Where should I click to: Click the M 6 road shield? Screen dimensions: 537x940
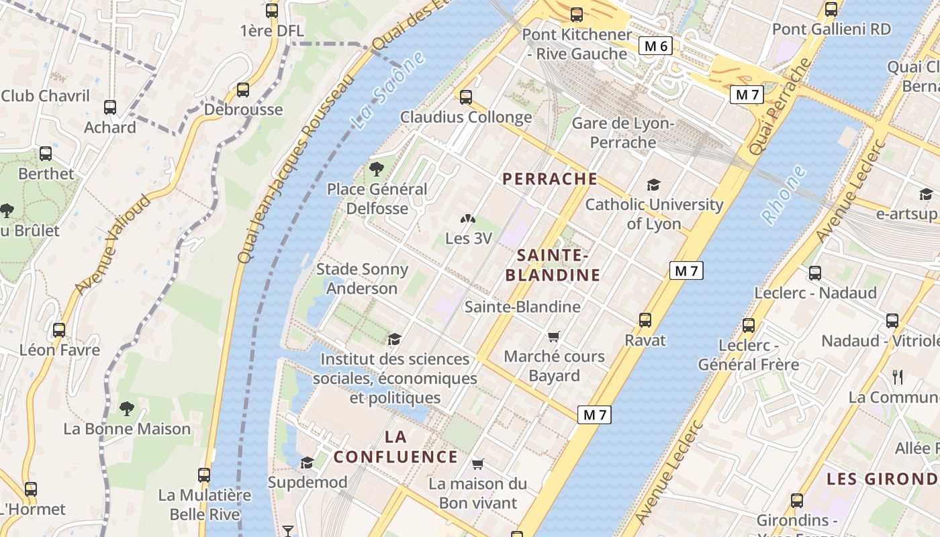click(x=655, y=46)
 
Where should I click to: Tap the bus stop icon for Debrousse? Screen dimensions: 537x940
click(x=243, y=89)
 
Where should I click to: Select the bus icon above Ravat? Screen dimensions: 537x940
click(x=645, y=320)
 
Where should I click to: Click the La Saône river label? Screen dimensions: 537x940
click(x=389, y=90)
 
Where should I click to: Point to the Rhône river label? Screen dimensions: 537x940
click(x=784, y=195)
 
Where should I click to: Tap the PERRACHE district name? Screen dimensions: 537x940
click(x=550, y=179)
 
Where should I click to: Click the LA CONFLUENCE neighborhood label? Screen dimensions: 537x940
click(x=396, y=447)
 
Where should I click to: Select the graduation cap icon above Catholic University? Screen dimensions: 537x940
click(x=653, y=185)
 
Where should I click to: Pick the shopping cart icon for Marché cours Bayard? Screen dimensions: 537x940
click(x=554, y=336)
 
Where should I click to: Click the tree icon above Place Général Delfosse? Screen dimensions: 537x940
click(x=376, y=169)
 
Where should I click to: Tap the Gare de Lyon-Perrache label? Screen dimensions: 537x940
click(x=622, y=133)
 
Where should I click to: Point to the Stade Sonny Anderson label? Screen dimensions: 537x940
click(x=362, y=279)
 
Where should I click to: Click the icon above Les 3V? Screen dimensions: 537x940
click(x=468, y=219)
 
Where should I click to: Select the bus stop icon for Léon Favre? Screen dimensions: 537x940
click(x=59, y=330)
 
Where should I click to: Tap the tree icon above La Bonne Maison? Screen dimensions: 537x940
click(x=126, y=408)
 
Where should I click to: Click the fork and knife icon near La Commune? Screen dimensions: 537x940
click(x=898, y=377)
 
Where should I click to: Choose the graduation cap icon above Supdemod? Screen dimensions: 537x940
click(x=307, y=462)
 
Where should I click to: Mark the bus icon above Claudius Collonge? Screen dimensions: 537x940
click(x=466, y=97)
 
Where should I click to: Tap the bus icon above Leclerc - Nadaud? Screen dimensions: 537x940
click(x=815, y=273)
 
